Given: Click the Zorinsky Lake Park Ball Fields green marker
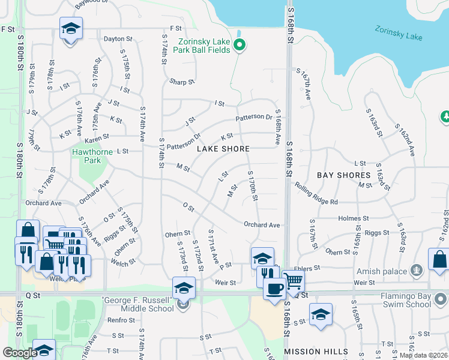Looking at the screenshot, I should click(240, 45).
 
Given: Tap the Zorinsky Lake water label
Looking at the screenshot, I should click(399, 32).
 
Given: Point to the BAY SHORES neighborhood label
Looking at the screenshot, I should click(344, 175).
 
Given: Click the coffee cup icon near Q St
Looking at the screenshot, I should click(274, 288).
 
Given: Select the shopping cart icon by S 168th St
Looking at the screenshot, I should click(293, 280).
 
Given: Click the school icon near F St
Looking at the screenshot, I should click(71, 28).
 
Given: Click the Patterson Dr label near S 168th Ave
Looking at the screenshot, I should click(254, 117).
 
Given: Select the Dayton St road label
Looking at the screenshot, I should click(118, 39).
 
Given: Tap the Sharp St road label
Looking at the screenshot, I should click(182, 82).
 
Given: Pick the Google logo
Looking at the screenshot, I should click(20, 353).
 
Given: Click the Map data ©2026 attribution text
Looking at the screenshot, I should click(421, 355).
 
